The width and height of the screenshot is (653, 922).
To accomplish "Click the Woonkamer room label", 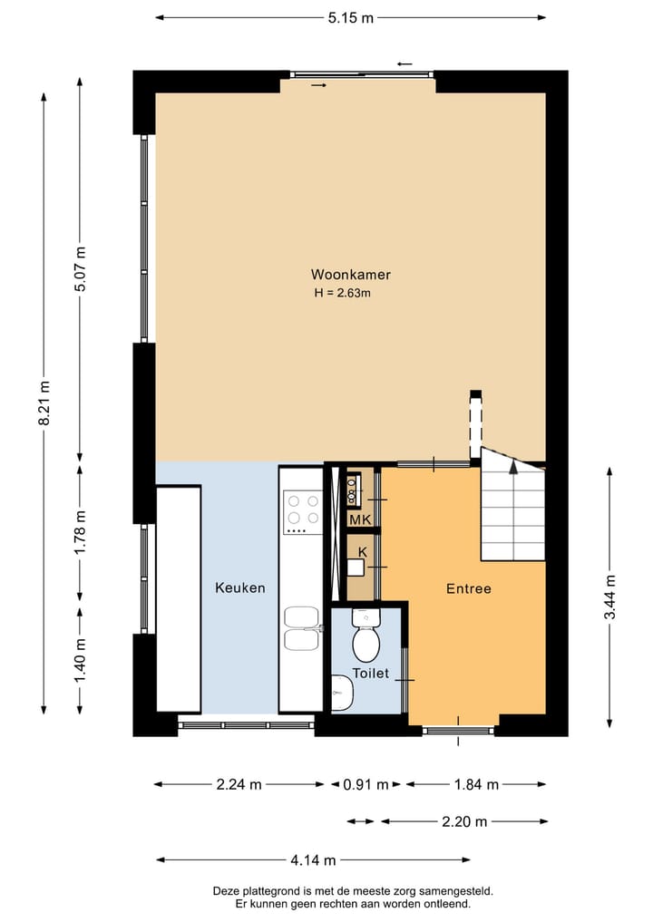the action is click(351, 275).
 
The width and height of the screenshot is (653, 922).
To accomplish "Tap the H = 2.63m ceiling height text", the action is click(343, 293).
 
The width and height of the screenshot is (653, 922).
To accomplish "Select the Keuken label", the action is click(240, 588).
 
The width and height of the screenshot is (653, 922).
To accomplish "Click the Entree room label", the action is click(468, 588).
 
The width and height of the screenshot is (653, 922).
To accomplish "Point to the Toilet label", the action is click(371, 674).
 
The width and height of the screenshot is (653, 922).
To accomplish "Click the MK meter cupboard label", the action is click(360, 519).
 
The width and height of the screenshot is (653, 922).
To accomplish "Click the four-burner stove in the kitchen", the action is click(303, 511).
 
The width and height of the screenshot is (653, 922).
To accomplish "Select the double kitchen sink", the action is click(302, 628).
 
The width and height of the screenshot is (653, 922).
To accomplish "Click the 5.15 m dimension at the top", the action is click(351, 17).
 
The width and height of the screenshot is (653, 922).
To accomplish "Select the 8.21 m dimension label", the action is click(44, 403).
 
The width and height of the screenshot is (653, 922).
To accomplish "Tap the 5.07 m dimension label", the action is click(81, 269).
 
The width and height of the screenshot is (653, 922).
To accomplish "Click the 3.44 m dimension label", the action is click(610, 597).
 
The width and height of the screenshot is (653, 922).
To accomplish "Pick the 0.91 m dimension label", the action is click(365, 784).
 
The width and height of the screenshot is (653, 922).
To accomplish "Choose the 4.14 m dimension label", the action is click(313, 860).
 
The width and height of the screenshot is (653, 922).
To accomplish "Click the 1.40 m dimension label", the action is click(81, 662).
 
